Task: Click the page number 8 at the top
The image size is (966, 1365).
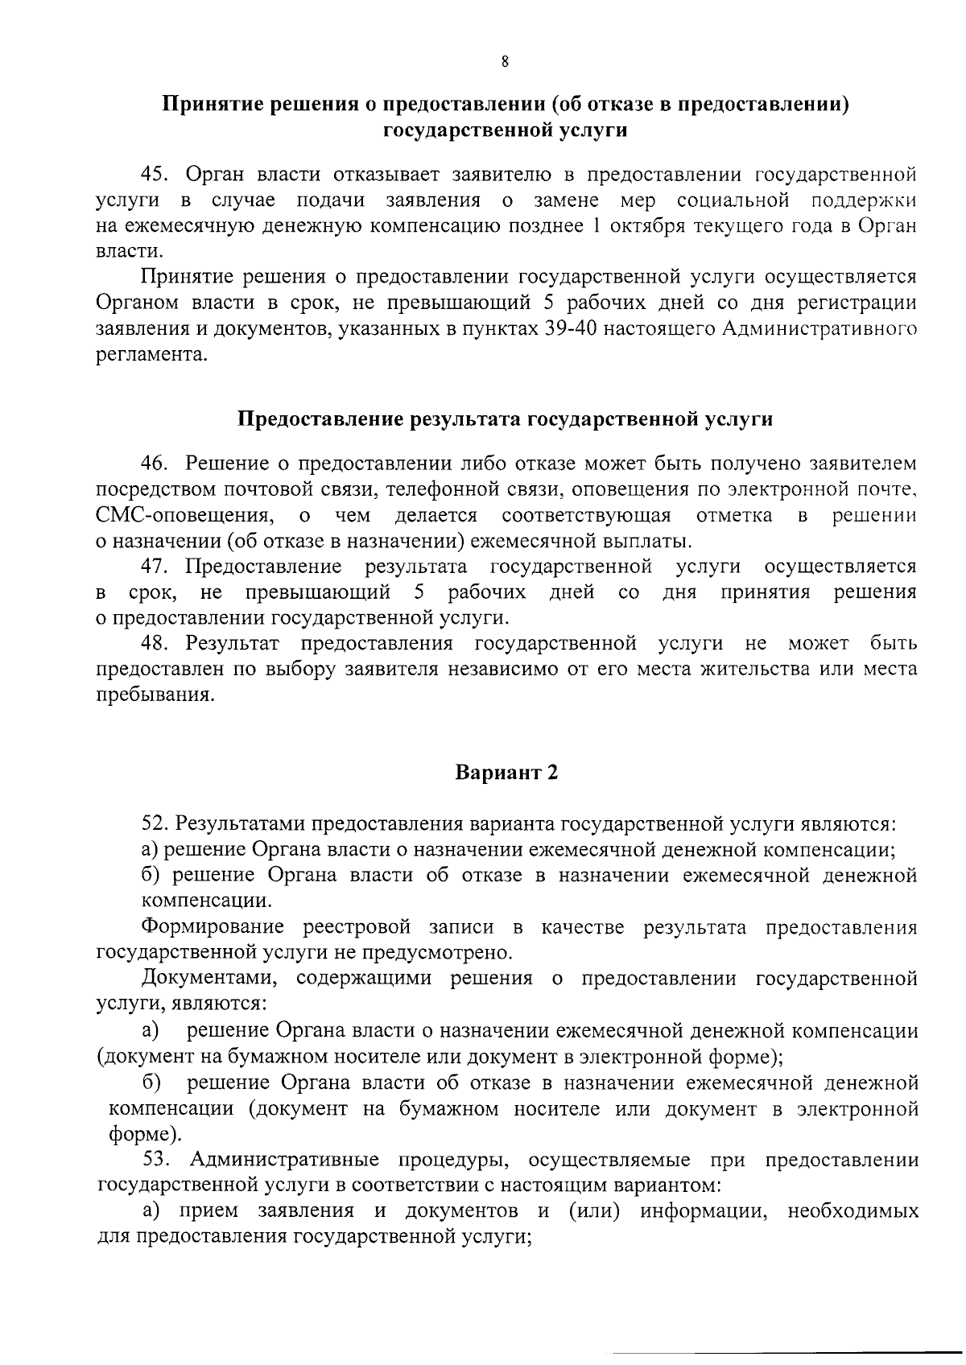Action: coord(505,62)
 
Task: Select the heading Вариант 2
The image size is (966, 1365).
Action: coord(506,773)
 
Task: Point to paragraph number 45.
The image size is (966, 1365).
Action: coord(155,174)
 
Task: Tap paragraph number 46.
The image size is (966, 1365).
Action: coord(155,464)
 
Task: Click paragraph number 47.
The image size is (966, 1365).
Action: coord(155,567)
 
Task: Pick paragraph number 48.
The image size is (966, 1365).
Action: coord(155,644)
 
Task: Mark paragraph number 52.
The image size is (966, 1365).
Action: coord(155,824)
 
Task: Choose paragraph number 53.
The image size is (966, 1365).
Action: coord(155,1160)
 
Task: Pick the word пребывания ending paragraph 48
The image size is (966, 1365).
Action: coord(156,696)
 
